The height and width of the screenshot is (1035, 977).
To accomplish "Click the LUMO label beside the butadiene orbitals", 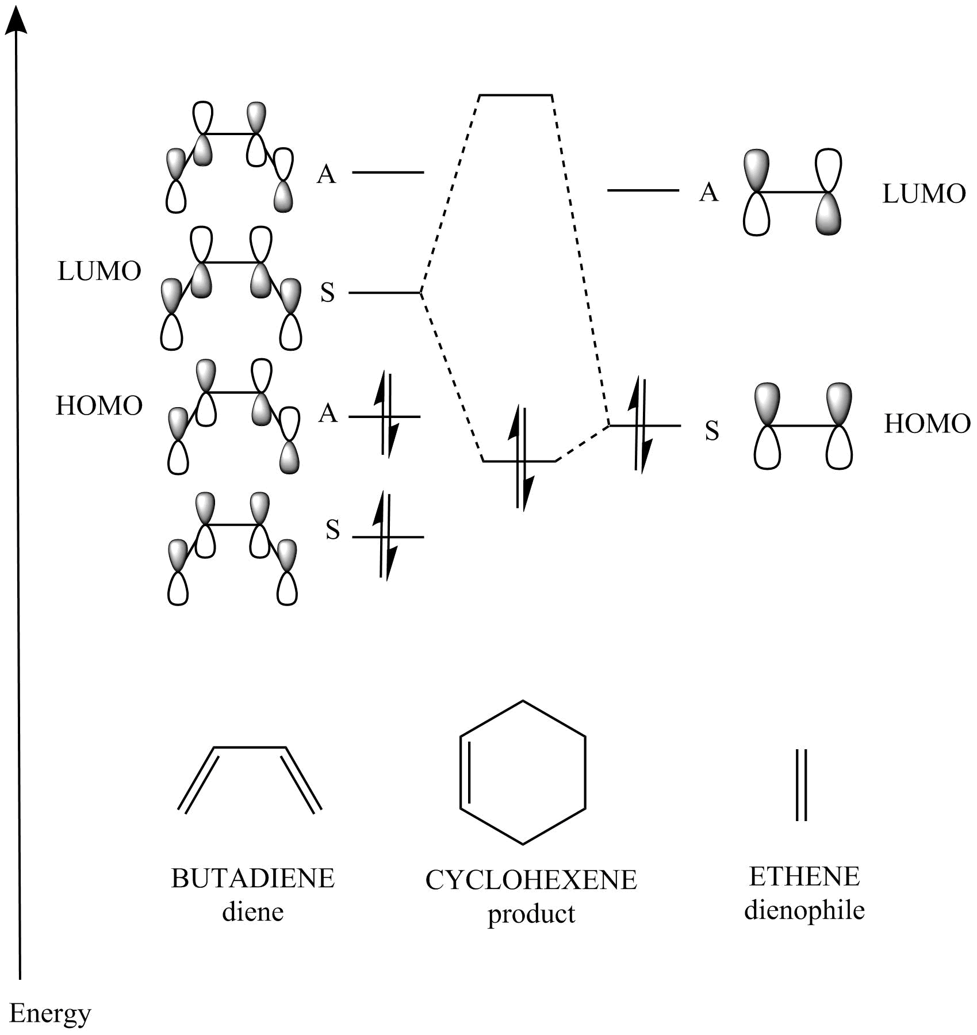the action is pyautogui.click(x=99, y=271).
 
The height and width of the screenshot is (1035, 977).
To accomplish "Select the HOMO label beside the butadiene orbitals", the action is pyautogui.click(x=99, y=405).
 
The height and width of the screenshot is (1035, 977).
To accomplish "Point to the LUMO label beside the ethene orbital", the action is pyautogui.click(x=924, y=194).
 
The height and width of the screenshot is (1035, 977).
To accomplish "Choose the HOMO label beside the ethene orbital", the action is pyautogui.click(x=928, y=424).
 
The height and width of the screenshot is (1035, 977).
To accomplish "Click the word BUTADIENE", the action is pyautogui.click(x=252, y=878).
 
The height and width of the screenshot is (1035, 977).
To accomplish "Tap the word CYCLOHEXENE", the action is pyautogui.click(x=531, y=880).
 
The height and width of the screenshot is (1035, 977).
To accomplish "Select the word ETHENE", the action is pyautogui.click(x=804, y=876).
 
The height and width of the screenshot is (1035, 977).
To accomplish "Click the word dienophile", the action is pyautogui.click(x=804, y=910).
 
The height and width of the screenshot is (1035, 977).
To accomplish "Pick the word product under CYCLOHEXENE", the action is pyautogui.click(x=531, y=914).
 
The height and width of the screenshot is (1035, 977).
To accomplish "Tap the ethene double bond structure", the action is pyautogui.click(x=801, y=784).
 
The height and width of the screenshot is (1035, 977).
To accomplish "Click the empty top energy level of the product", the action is pyautogui.click(x=516, y=95).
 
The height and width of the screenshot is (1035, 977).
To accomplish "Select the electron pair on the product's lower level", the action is pyautogui.click(x=522, y=458).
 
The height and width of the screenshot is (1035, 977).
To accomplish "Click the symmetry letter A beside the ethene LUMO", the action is pyautogui.click(x=709, y=192).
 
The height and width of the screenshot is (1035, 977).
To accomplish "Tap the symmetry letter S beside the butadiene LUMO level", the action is pyautogui.click(x=327, y=293).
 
